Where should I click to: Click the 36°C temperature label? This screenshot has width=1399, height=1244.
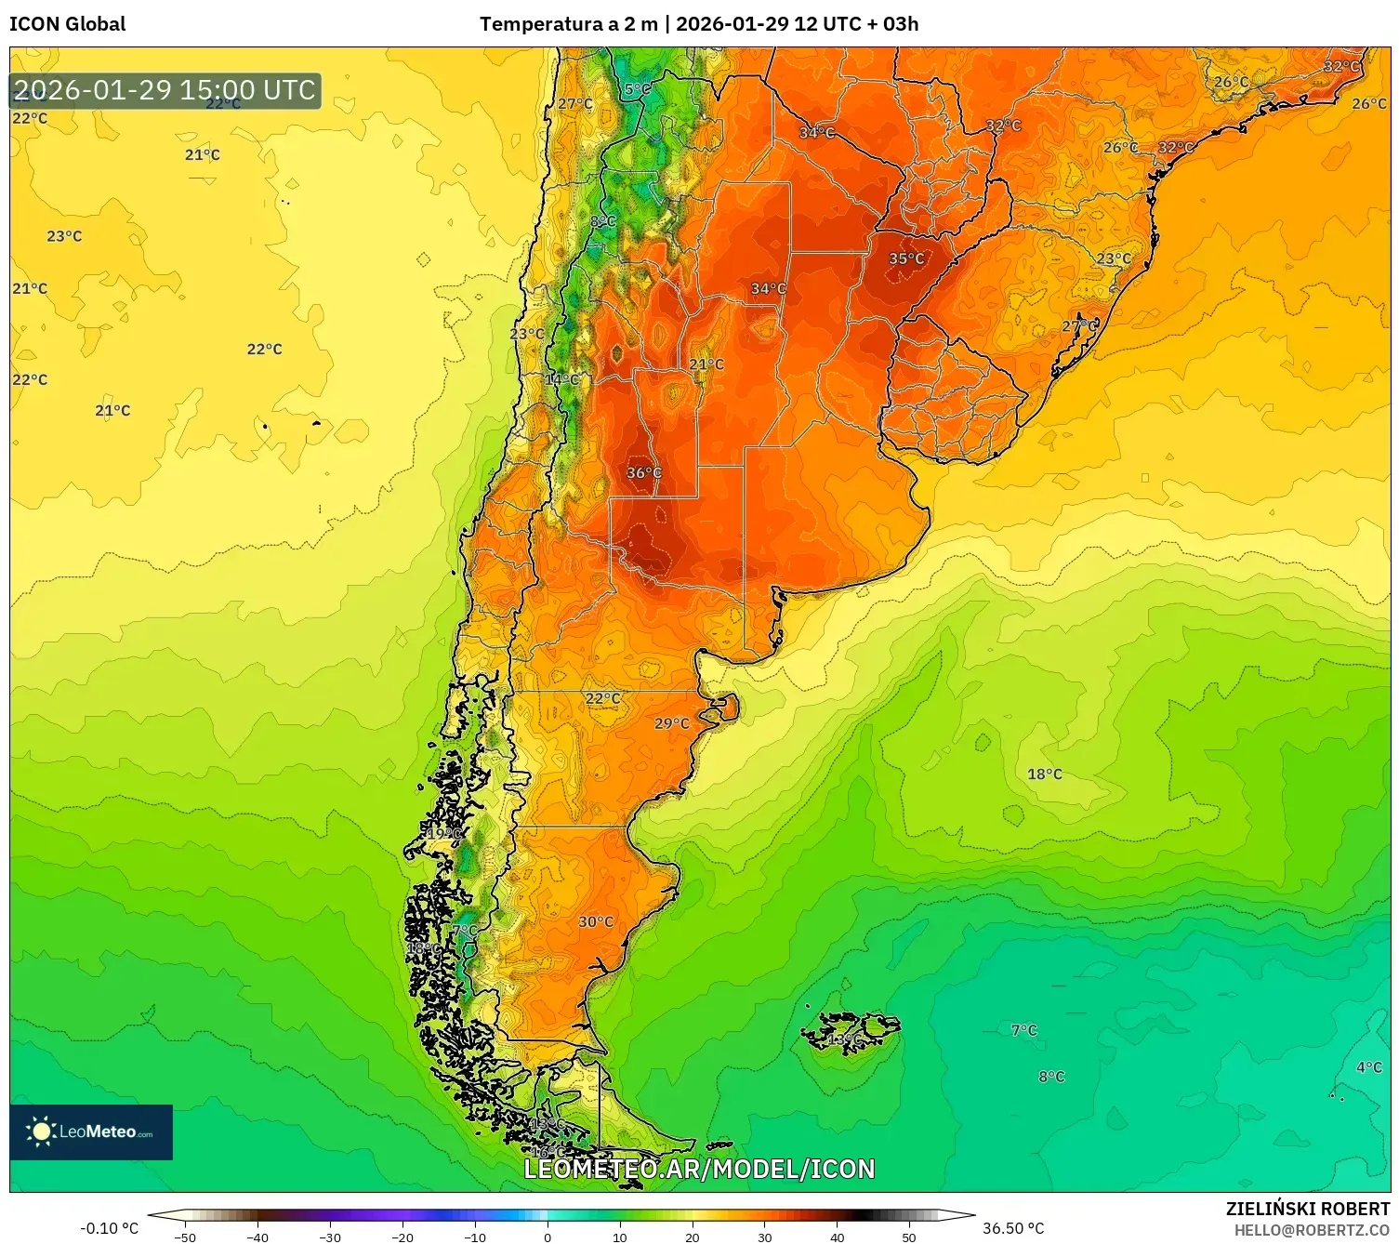(643, 473)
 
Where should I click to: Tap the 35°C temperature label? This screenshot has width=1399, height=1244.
(906, 259)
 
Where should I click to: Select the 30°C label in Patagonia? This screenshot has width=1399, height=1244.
(596, 922)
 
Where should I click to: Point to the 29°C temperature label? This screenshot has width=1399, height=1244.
(672, 724)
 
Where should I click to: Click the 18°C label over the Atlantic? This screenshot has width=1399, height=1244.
(1044, 774)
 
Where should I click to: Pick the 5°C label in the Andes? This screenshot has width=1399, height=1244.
(637, 90)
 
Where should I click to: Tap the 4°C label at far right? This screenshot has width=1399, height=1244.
(1368, 1067)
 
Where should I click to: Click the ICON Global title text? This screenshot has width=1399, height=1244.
(67, 24)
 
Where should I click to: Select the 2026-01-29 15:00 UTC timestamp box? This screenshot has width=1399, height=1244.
(165, 91)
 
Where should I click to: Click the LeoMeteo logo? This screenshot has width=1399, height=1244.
(91, 1132)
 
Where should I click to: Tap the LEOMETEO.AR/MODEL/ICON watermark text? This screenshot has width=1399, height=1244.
(699, 1169)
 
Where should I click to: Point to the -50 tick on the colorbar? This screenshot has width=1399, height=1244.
(185, 1237)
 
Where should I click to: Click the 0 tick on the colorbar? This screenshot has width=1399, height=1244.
(548, 1237)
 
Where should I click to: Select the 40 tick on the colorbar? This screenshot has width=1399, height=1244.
(837, 1237)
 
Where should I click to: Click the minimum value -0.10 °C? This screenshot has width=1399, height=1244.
(109, 1228)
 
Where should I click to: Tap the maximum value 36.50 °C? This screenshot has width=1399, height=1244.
(1013, 1228)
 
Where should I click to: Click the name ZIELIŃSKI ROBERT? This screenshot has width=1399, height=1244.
(1307, 1209)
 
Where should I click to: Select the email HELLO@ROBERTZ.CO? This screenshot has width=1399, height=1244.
(1312, 1230)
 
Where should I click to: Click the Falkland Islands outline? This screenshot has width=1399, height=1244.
(851, 1030)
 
